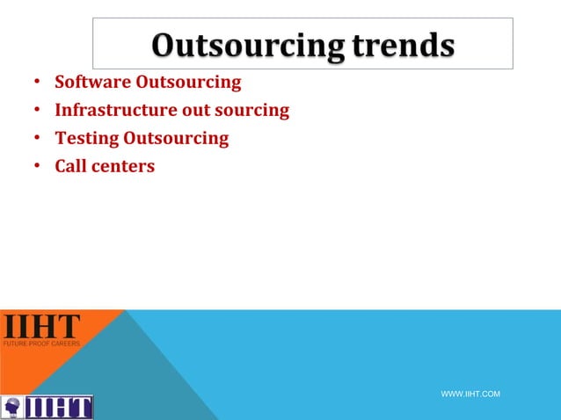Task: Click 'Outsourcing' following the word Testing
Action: (176, 138)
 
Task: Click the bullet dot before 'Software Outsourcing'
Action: (36, 83)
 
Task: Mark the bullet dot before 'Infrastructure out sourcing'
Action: (36, 112)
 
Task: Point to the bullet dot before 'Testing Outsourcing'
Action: (36, 139)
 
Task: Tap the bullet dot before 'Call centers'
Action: (36, 166)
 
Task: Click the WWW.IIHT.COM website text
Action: (470, 395)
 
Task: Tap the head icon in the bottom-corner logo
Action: (12, 408)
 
